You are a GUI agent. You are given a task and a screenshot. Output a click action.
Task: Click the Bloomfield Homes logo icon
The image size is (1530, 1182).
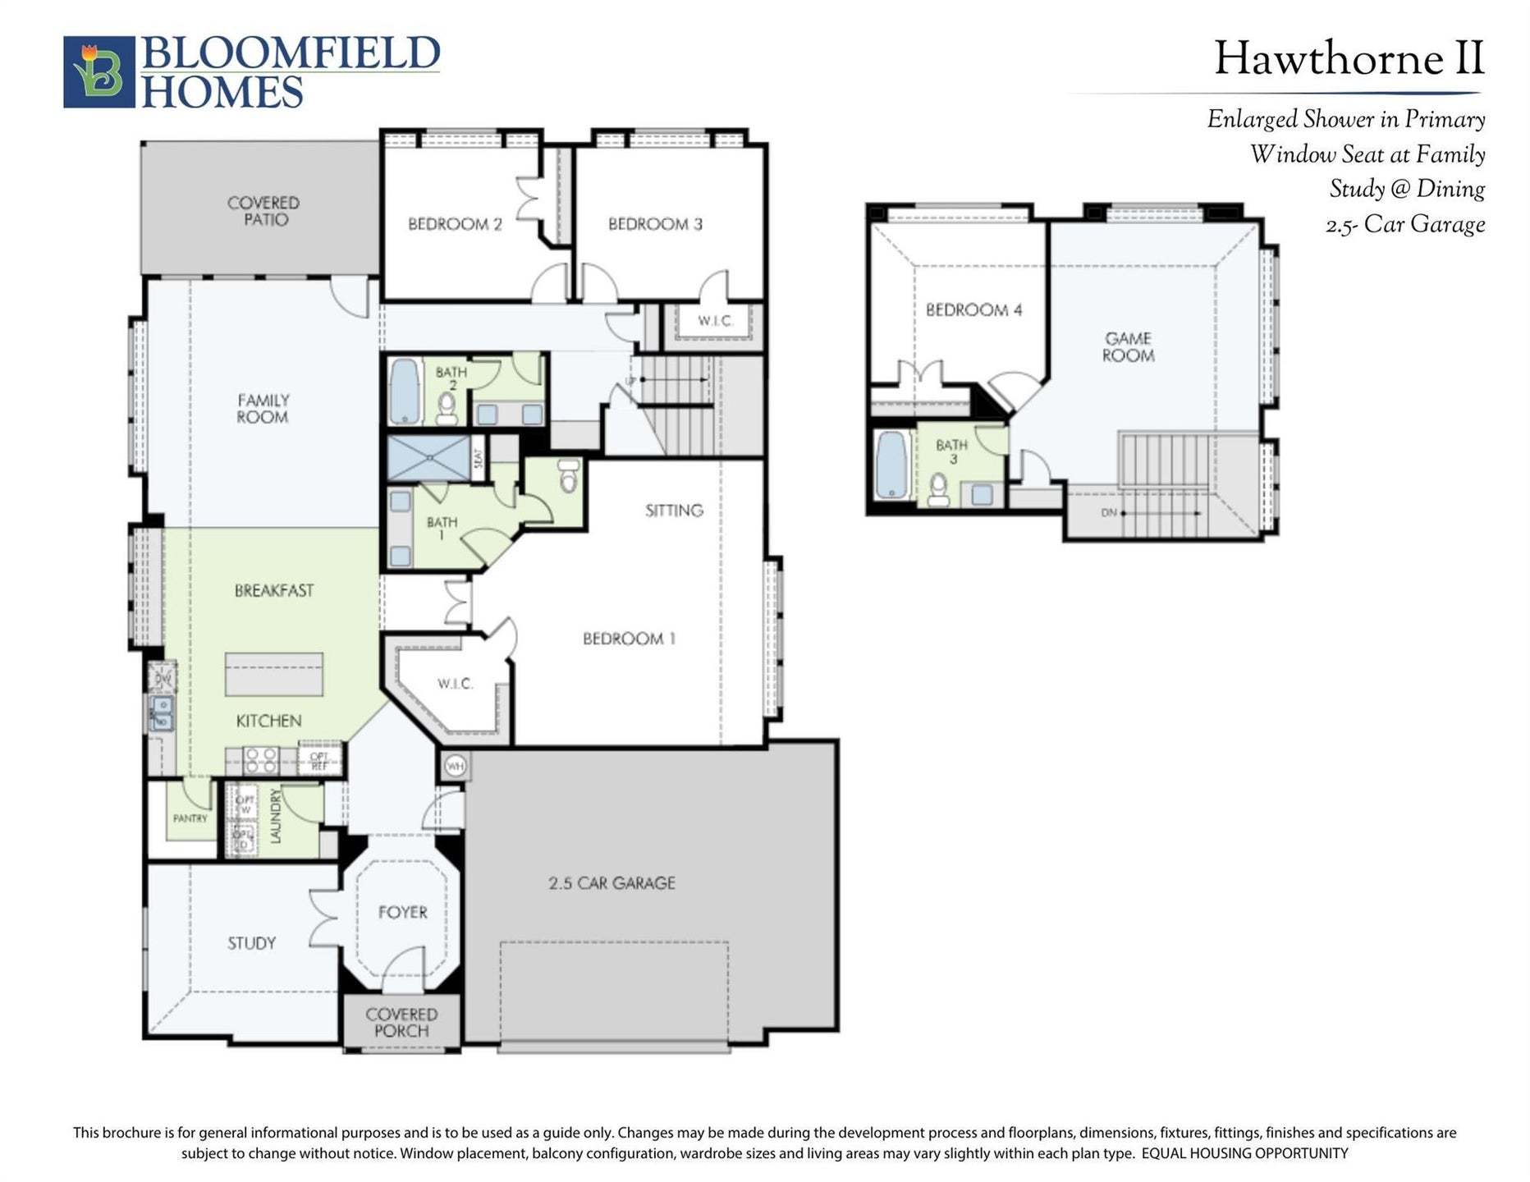pos(99,72)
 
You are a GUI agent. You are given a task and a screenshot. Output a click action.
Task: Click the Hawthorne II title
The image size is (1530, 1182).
pos(1349,59)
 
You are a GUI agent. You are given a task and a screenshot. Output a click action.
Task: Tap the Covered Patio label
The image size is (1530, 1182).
pos(263,211)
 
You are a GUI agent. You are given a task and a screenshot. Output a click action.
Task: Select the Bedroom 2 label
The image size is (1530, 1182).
pos(455,224)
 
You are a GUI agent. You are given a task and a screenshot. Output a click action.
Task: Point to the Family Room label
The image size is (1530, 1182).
pos(263,409)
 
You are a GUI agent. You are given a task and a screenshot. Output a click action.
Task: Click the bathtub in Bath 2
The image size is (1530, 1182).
pos(404,390)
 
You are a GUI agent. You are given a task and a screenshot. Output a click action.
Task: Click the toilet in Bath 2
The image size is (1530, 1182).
pos(447,408)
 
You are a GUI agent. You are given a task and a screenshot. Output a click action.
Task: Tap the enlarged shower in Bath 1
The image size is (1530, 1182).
pos(428,458)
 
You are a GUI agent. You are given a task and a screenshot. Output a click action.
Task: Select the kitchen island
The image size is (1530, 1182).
pos(274,674)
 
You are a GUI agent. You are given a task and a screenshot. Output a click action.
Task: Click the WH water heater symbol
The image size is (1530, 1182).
pos(455,766)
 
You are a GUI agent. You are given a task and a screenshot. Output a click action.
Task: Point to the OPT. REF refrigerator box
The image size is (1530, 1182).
pos(319,761)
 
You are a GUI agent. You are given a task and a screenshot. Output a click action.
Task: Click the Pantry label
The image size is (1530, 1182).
pos(190,818)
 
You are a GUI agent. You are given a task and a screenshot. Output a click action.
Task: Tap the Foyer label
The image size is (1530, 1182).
pos(402,912)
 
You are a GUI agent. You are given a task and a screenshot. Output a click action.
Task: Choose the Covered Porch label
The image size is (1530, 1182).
pos(401,1023)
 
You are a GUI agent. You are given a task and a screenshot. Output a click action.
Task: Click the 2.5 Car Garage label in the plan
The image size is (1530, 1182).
pos(612,883)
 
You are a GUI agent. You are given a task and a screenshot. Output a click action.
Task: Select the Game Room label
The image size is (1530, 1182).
pos(1128,346)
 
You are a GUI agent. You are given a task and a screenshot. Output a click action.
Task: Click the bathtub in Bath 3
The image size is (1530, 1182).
pos(891,465)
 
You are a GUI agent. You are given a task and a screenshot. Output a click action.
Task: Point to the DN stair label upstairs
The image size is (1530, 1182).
pos(1109,513)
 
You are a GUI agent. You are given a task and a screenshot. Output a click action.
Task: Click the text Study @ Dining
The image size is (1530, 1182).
pos(1406,190)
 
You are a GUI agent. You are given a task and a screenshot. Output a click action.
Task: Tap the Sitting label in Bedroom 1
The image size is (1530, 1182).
pos(674,511)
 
